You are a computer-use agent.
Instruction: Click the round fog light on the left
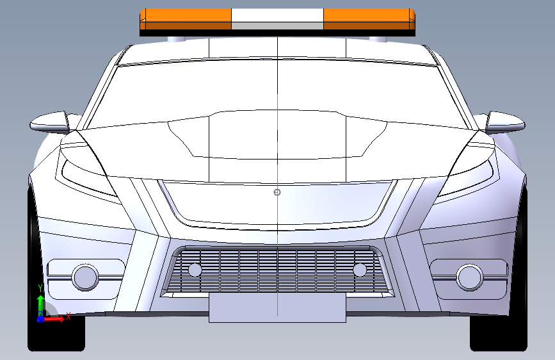tap(84, 277)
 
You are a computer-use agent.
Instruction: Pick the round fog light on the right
tap(469, 277)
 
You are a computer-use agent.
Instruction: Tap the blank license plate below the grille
tap(277, 308)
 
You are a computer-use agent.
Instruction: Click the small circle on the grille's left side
tap(195, 270)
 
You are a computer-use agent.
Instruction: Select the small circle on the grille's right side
tap(359, 270)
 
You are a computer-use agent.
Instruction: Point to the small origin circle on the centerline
tap(277, 192)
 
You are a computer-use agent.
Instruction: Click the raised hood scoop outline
tap(277, 135)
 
